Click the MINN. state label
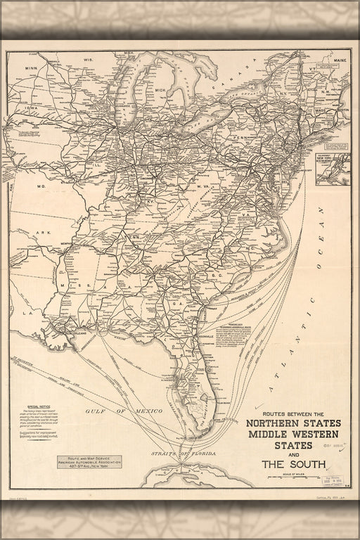pos(32,68)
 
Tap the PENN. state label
pos(243,137)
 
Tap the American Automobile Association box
pos(89,461)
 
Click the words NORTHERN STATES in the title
pos(293,423)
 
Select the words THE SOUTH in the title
pos(293,463)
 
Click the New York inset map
pos(332,169)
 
